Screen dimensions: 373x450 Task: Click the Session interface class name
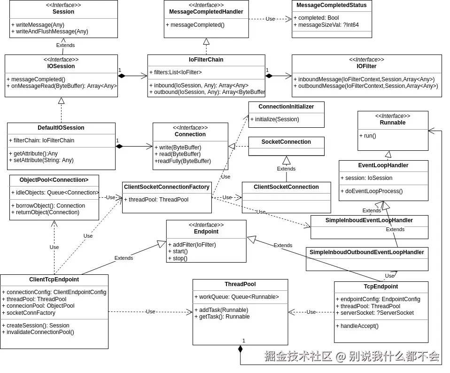point(63,12)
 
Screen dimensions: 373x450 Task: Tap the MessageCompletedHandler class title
point(206,12)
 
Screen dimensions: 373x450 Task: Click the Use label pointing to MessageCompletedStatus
point(270,19)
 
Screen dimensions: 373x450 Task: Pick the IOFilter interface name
point(366,66)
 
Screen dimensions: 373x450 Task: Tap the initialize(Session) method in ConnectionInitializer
point(274,119)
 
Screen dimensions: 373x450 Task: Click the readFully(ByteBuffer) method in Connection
point(182,161)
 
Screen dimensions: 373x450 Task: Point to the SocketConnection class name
point(286,142)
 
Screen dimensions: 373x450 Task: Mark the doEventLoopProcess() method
point(373,191)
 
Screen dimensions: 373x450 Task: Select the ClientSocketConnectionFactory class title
point(166,187)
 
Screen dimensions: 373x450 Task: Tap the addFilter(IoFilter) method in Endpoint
point(192,245)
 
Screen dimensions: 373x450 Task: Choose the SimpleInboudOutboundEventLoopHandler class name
point(366,252)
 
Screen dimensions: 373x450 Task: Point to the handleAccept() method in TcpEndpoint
point(357,326)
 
